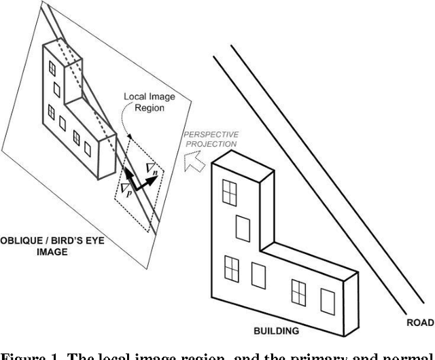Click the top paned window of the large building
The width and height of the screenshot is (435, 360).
click(230, 192)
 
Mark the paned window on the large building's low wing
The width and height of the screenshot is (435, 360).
click(298, 291)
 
